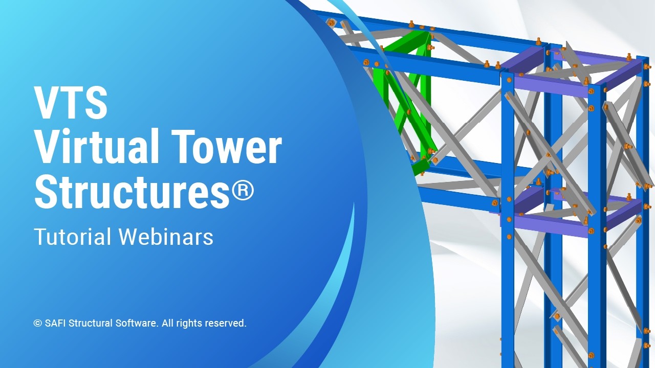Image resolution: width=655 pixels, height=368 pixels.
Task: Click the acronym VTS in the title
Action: pyautogui.click(x=71, y=102)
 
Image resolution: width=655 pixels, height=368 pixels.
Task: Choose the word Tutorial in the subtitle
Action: pyautogui.click(x=72, y=237)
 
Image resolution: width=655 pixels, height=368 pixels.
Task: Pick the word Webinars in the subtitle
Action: pyautogui.click(x=166, y=237)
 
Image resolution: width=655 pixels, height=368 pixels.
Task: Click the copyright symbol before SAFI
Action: pyautogui.click(x=37, y=324)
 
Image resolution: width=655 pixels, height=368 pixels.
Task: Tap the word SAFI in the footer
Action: pyautogui.click(x=55, y=324)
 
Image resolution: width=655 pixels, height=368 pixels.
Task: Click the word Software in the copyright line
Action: pyautogui.click(x=137, y=324)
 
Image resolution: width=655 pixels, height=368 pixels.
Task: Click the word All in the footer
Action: pyautogui.click(x=168, y=324)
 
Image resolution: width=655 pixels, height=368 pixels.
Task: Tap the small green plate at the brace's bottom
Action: pyautogui.click(x=419, y=167)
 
